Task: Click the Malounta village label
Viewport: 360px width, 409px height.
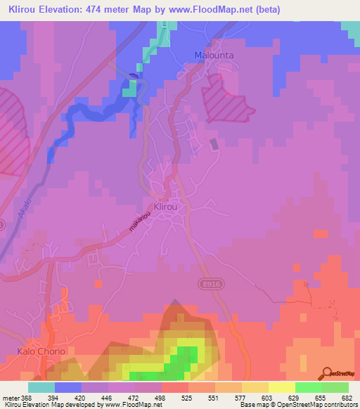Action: click(214, 55)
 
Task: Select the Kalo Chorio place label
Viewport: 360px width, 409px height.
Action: click(41, 351)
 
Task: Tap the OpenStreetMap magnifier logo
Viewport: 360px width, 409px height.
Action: click(327, 372)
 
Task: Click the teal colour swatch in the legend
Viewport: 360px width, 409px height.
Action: click(41, 387)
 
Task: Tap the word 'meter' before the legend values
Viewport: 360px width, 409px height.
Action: click(10, 397)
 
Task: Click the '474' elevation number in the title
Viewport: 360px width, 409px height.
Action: click(117, 11)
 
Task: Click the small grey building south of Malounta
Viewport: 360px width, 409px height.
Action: click(214, 143)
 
